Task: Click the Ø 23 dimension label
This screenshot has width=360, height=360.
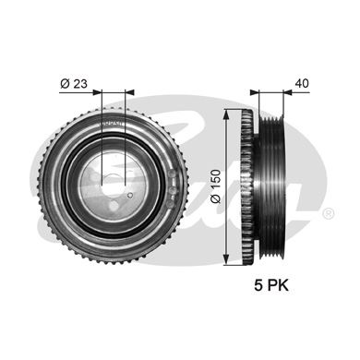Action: [x=74, y=83]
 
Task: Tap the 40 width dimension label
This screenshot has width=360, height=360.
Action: [x=302, y=83]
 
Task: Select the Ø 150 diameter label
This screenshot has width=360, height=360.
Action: [x=216, y=186]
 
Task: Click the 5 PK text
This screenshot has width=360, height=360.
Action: [x=271, y=285]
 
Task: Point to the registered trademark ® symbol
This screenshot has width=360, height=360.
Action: [x=329, y=213]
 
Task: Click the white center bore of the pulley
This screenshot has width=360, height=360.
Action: [x=113, y=184]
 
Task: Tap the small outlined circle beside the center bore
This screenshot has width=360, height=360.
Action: [x=130, y=195]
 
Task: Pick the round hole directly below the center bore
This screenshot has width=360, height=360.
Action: [x=114, y=206]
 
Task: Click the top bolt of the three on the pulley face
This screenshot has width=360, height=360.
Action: [x=173, y=174]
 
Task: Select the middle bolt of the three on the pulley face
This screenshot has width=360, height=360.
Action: [x=173, y=189]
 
